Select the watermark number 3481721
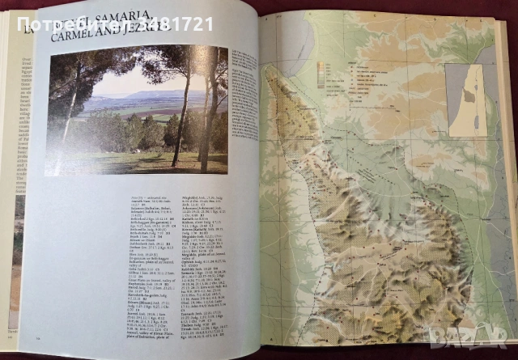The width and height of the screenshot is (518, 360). tap(173, 23)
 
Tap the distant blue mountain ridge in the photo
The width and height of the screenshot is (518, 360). tap(150, 95)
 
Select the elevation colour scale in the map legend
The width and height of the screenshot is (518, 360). tap(324, 77)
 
